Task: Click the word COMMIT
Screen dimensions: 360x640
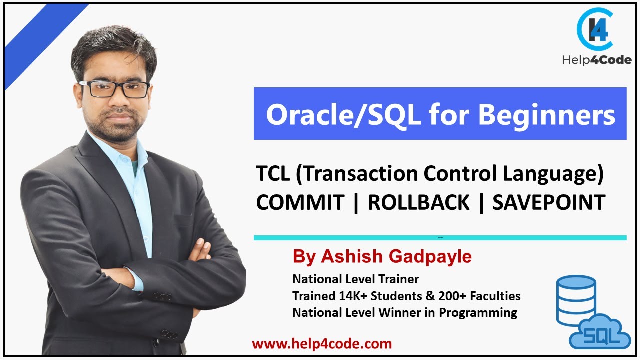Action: point(300,203)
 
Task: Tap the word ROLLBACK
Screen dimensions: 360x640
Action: point(419,203)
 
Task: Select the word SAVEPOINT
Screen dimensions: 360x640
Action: point(549,203)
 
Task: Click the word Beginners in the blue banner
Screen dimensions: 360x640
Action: point(546,115)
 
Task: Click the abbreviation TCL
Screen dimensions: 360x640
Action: point(273,174)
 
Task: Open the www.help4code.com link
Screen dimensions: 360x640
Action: point(322,344)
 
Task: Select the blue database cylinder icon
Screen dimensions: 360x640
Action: point(576,300)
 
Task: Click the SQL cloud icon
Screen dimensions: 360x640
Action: point(599,332)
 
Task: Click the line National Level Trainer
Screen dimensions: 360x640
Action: point(355,279)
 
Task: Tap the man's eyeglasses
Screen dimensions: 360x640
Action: point(114,89)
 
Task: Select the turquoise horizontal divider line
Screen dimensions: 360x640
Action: point(440,238)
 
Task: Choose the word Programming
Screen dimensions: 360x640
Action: point(478,313)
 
